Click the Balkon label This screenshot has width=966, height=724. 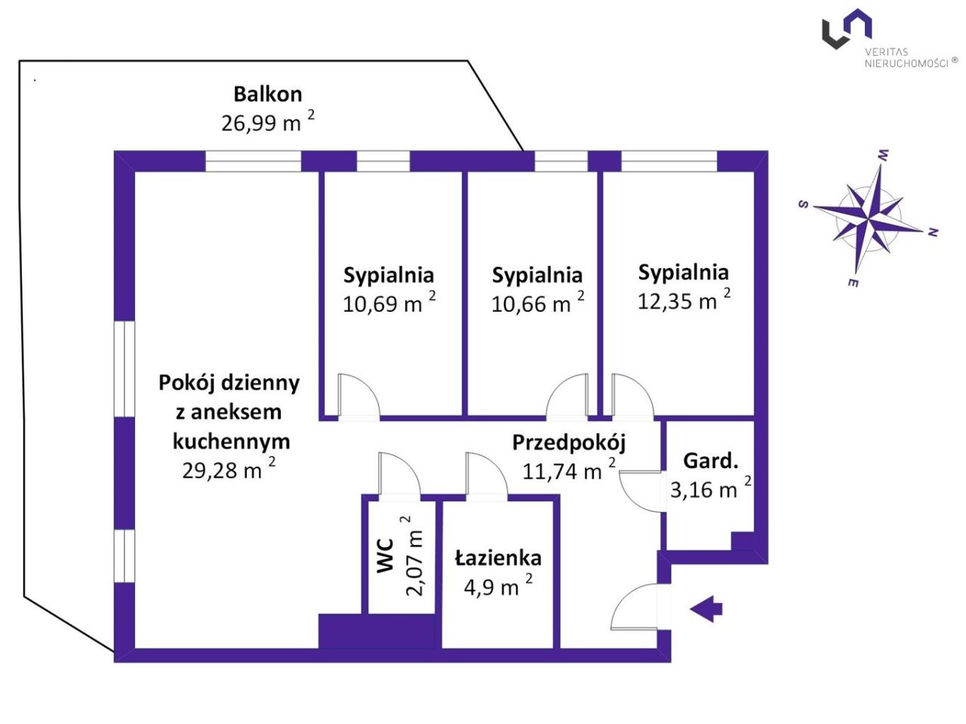(267, 94)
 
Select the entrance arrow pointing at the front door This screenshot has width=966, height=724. (706, 608)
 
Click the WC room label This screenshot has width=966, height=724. (385, 555)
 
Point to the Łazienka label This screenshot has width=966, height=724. (498, 558)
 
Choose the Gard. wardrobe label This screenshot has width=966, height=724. (710, 461)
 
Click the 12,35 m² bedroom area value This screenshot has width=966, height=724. (684, 301)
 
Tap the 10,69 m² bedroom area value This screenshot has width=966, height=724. (389, 304)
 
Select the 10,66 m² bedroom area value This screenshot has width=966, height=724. (537, 304)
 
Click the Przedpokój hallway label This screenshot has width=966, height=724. (569, 442)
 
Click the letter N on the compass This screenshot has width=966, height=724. (933, 233)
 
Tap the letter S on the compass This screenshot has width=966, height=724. (804, 205)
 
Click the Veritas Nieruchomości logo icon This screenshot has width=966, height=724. (847, 29)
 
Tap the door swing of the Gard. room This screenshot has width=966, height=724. (640, 491)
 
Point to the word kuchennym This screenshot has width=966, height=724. (231, 441)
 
